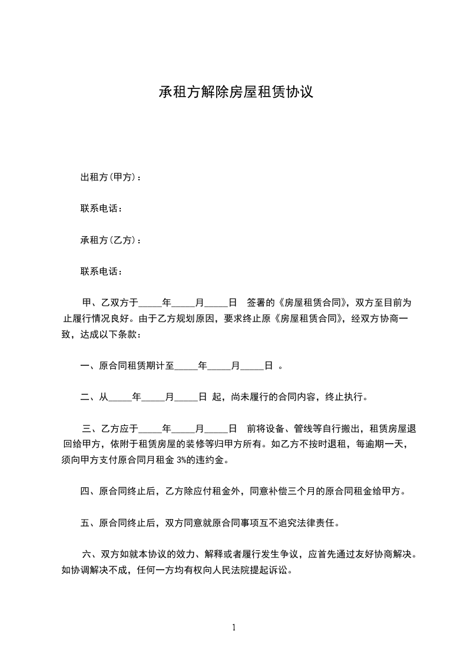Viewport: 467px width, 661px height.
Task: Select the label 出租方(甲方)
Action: coord(108,177)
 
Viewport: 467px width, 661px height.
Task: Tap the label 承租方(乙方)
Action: coord(108,240)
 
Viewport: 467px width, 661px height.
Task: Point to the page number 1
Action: coord(234,627)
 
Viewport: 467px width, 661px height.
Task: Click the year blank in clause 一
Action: coord(185,366)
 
